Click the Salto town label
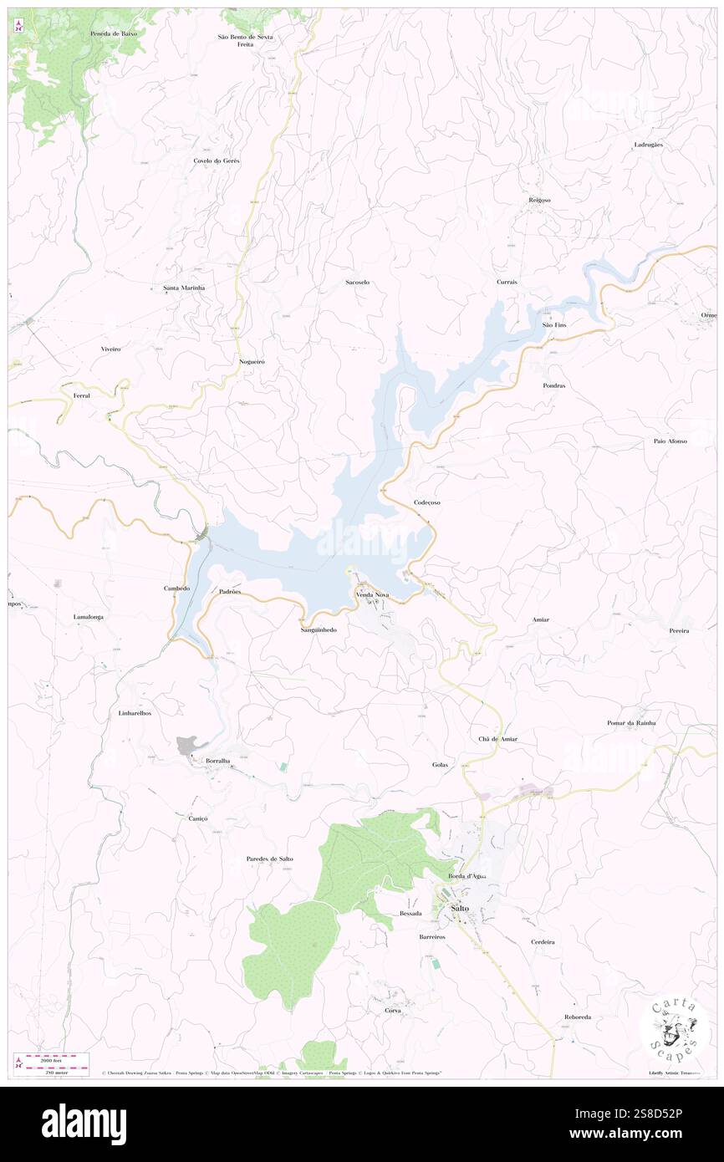click(x=459, y=908)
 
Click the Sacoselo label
click(x=357, y=283)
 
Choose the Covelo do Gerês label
click(x=217, y=160)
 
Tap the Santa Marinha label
click(x=183, y=288)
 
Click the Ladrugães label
click(x=648, y=145)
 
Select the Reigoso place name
click(x=539, y=200)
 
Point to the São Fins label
click(x=554, y=324)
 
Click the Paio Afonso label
click(x=670, y=441)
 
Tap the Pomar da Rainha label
click(x=631, y=722)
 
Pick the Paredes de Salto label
click(x=269, y=859)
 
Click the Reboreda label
click(x=578, y=1017)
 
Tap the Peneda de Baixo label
click(x=114, y=33)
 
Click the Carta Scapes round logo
click(x=674, y=1029)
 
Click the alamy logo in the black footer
click(x=84, y=1124)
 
